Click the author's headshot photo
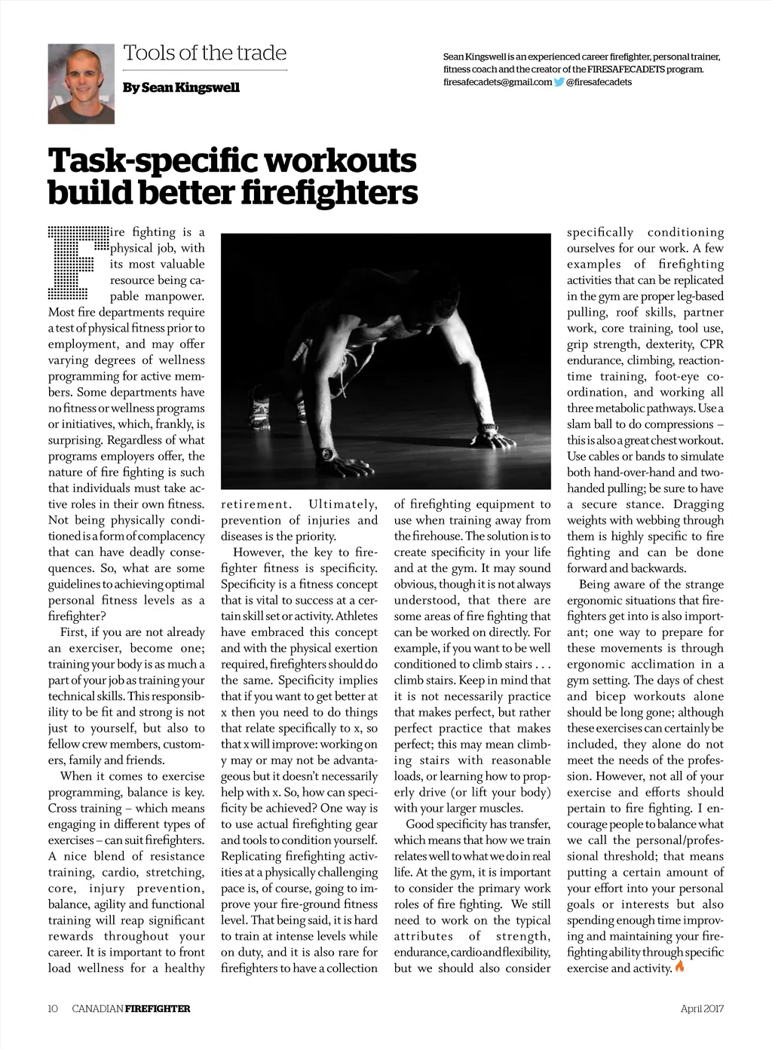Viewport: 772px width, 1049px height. point(81,83)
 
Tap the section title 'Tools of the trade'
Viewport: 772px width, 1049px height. point(204,54)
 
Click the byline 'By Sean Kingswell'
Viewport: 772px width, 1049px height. point(181,87)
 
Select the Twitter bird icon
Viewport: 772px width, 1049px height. point(559,82)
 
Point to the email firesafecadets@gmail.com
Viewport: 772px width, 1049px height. point(498,82)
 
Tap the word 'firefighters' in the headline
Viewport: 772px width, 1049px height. point(329,192)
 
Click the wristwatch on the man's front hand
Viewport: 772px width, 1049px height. point(328,454)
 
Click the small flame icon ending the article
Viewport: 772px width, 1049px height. point(680,967)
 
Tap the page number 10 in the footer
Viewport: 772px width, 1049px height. point(53,1008)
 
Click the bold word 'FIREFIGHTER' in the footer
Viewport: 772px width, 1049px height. point(158,1008)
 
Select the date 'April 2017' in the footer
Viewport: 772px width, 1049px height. point(701,1008)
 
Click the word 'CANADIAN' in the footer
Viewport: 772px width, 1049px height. point(97,1008)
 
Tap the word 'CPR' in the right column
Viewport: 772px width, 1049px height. point(712,344)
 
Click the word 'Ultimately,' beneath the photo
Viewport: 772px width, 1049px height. point(343,504)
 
